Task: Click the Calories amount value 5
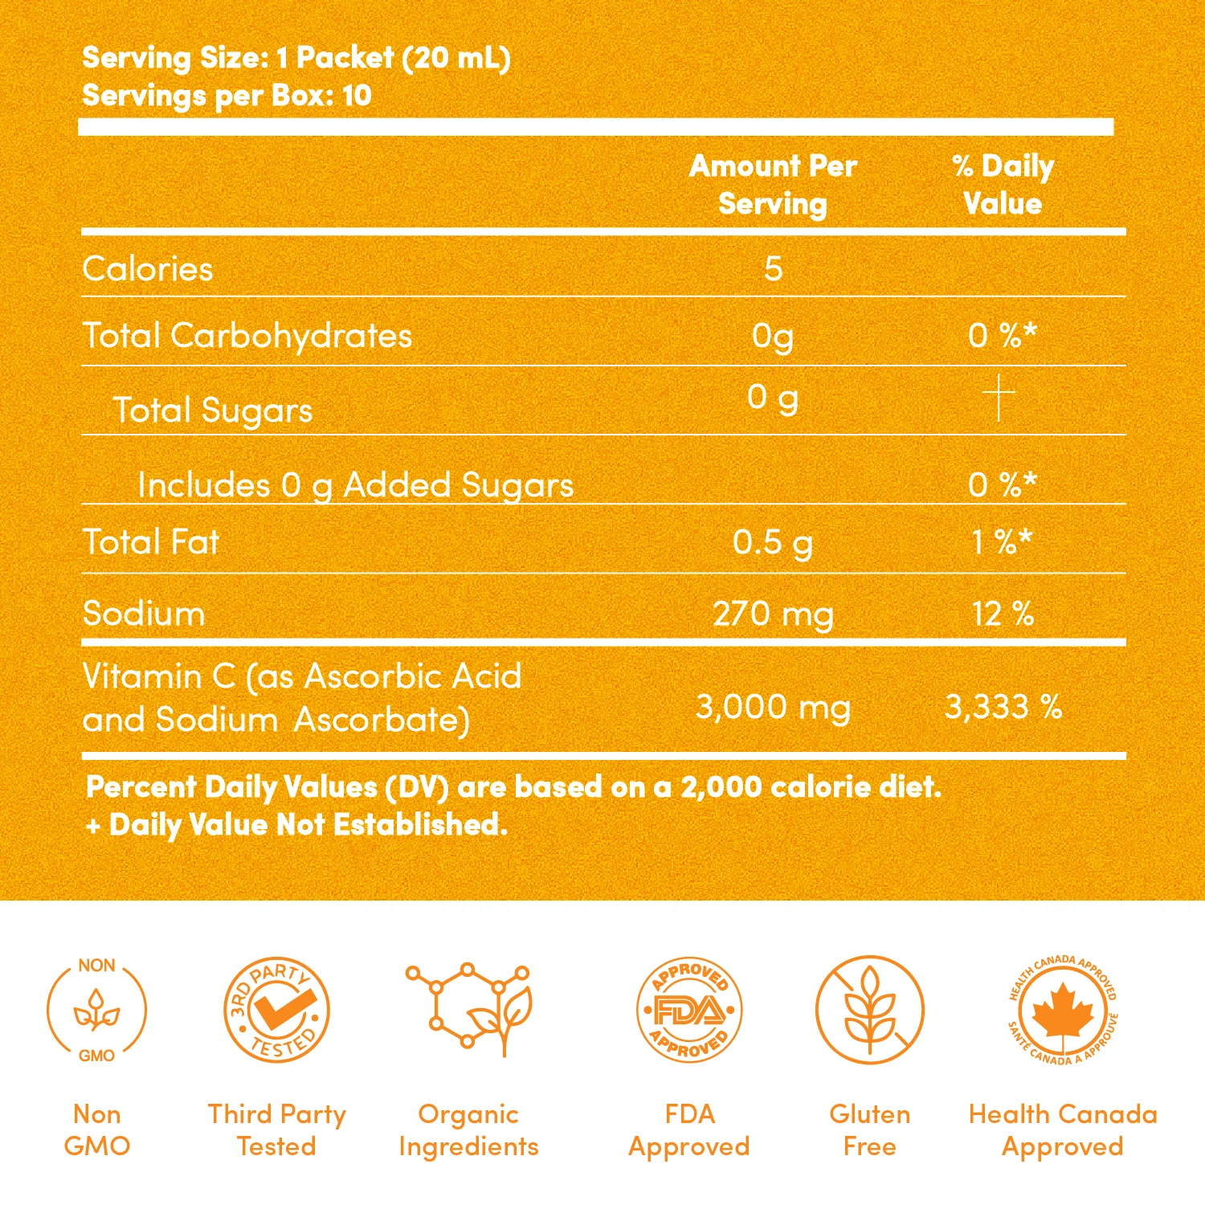pos(773,268)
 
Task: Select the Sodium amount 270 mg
pos(773,615)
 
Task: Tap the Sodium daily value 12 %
pos(1003,615)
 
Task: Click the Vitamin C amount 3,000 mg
pos(773,708)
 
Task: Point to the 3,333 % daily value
pos(1003,708)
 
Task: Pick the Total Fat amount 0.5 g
pos(773,543)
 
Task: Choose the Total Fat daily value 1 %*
pos(1003,543)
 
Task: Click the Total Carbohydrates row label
pos(247,336)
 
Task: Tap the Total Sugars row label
pos(213,411)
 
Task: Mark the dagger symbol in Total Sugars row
pos(999,397)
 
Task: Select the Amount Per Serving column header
pos(773,185)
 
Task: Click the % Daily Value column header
pos(1003,185)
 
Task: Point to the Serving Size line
pos(296,58)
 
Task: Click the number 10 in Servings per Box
pos(357,96)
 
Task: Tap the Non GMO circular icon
pos(96,1010)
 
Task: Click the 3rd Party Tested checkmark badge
pos(276,1010)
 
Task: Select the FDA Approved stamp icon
pos(689,1010)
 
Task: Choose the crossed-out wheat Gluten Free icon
pos(870,1010)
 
